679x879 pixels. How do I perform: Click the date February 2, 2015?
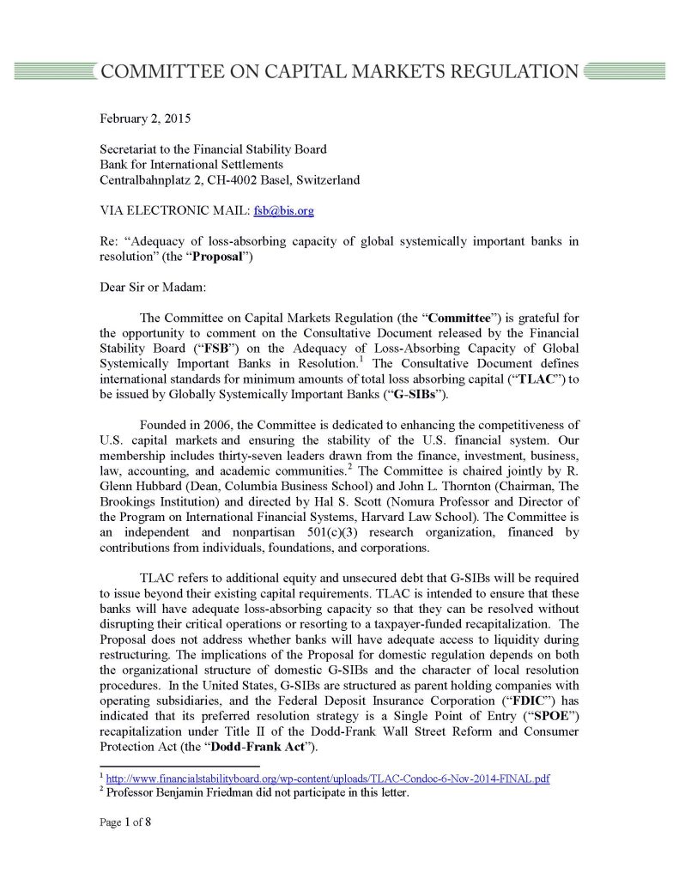point(145,118)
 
